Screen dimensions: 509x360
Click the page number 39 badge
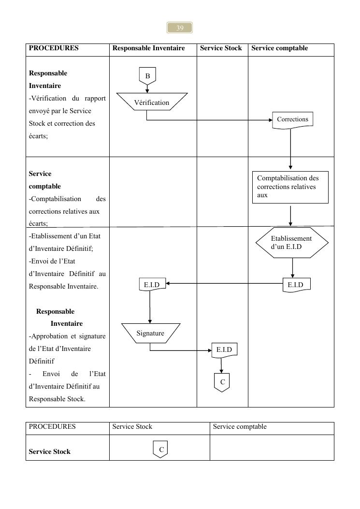pos(180,28)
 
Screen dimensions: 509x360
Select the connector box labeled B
pos(147,76)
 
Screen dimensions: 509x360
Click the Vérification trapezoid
pos(152,102)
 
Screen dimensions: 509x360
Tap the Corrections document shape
pos(292,119)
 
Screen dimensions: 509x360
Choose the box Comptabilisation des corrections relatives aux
pos(290,187)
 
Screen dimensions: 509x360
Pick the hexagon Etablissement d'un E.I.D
pos(292,242)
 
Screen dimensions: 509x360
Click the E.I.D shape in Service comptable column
pos(296,285)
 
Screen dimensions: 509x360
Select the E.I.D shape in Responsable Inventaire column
pos(152,285)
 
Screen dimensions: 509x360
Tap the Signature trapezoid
pos(150,333)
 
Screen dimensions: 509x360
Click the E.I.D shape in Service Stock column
pos(224,350)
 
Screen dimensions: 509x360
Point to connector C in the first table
pos(222,382)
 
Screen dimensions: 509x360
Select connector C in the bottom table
pos(161,450)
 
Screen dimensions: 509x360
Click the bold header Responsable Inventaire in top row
pos(148,48)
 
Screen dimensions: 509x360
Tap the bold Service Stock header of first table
pos(221,48)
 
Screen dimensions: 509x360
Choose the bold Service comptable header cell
pos(279,48)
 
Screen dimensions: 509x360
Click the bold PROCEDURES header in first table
pos(54,48)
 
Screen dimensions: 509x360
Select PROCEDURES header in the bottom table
pos(52,426)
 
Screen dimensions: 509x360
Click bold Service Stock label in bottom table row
pos(50,451)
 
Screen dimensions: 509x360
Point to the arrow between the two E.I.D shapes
pos(224,284)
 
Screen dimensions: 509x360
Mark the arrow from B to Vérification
pos(147,88)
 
